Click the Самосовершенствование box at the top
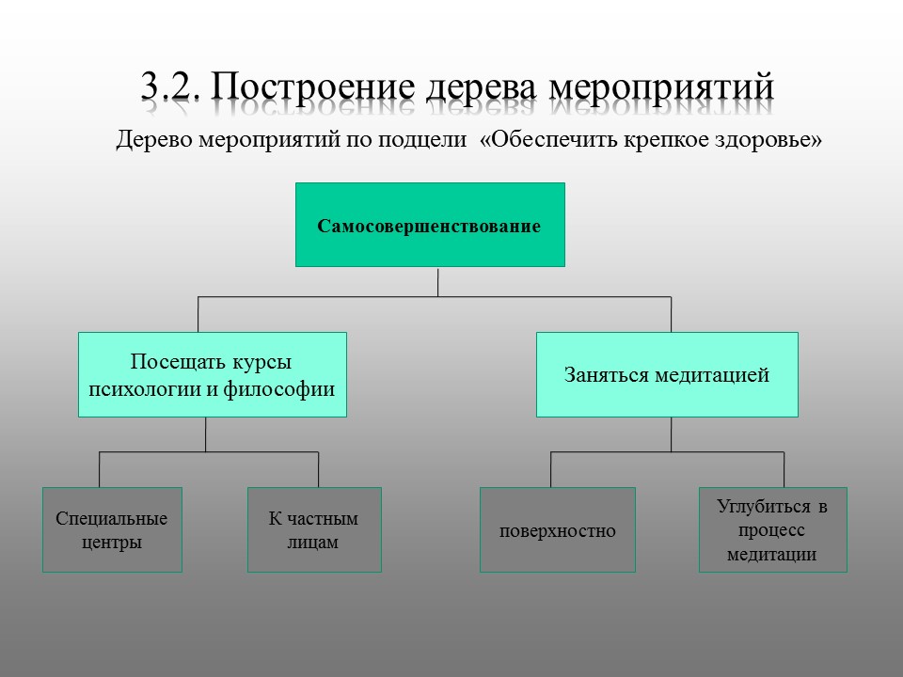[x=430, y=225]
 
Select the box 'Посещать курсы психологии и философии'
[x=212, y=374]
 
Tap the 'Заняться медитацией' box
[x=667, y=374]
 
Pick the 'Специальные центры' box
[x=112, y=529]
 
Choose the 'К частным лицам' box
[x=314, y=529]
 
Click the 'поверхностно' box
[x=557, y=530]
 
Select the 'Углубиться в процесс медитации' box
[x=772, y=529]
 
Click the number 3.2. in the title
[x=170, y=87]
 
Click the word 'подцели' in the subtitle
[x=434, y=140]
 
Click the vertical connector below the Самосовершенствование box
[x=438, y=281]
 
